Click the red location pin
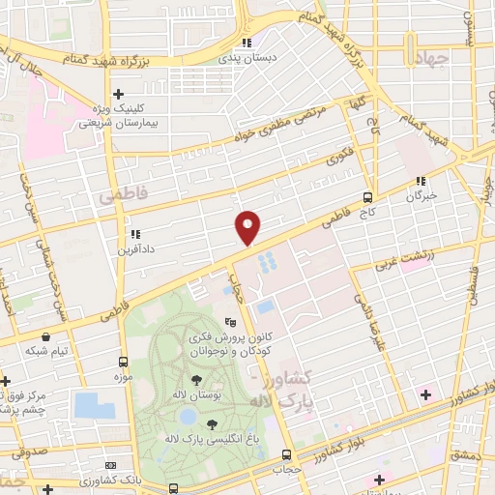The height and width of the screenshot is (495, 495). coord(248,226)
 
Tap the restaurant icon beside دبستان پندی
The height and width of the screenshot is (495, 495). coord(247,43)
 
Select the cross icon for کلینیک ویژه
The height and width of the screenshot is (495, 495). coord(118,95)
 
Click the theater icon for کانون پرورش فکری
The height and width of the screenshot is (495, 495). coord(229,322)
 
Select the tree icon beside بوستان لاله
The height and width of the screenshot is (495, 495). coord(197,378)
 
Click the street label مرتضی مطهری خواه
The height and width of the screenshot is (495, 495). coord(274,131)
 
